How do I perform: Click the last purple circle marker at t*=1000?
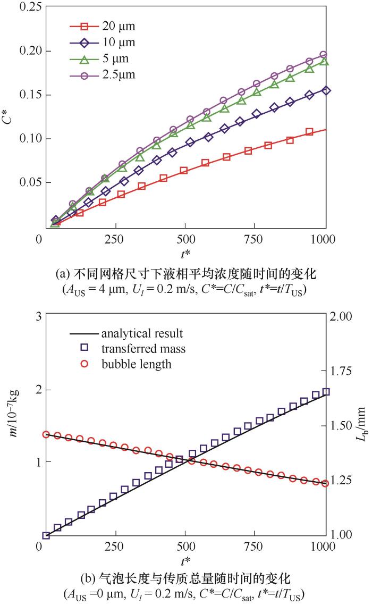pyautogui.click(x=324, y=55)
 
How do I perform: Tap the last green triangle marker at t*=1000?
pyautogui.click(x=324, y=62)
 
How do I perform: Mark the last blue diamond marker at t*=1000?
pyautogui.click(x=325, y=91)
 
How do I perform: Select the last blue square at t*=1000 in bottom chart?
pyautogui.click(x=326, y=392)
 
